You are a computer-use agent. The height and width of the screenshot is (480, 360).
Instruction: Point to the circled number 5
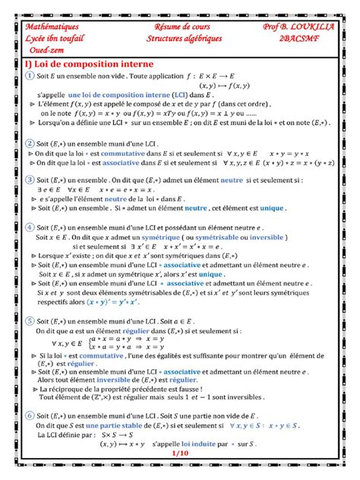(x=28, y=322)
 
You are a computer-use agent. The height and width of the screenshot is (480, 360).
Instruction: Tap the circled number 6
(x=28, y=416)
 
